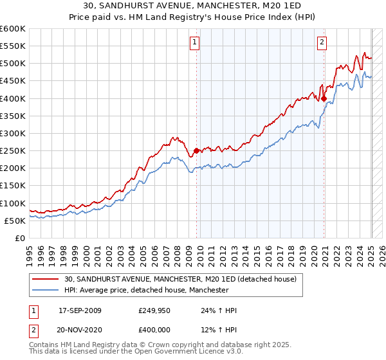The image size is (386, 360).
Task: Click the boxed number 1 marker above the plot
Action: pyautogui.click(x=194, y=43)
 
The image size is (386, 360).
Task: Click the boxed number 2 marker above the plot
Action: pyautogui.click(x=321, y=43)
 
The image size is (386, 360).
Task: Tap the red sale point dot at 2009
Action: pyautogui.click(x=196, y=151)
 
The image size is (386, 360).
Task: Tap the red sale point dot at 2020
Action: pyautogui.click(x=324, y=98)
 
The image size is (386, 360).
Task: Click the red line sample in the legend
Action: pyautogui.click(x=46, y=279)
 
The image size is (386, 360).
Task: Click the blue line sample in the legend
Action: pyautogui.click(x=46, y=290)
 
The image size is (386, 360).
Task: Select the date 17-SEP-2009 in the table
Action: pyautogui.click(x=80, y=310)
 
